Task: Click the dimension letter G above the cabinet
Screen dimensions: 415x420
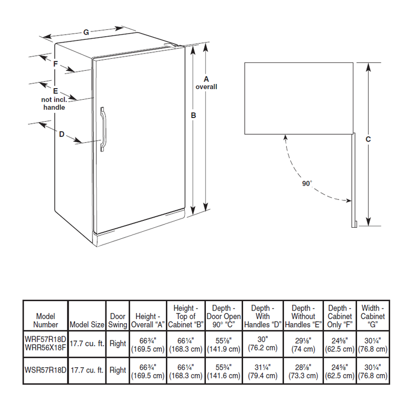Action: [x=86, y=33]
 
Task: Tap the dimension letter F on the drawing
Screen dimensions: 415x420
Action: [x=55, y=63]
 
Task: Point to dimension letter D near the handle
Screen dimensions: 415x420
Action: [x=61, y=134]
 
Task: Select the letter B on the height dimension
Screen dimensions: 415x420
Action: [x=194, y=115]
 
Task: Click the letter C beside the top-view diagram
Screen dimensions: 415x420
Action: [x=369, y=139]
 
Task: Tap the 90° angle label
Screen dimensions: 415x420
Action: [x=307, y=184]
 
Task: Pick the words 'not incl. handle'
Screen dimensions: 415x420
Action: [x=54, y=103]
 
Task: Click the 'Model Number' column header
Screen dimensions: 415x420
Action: [x=46, y=320]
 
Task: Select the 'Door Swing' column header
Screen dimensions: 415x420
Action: [x=118, y=320]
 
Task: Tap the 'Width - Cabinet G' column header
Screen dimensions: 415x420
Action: [x=372, y=316]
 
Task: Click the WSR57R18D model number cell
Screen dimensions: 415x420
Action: [x=46, y=370]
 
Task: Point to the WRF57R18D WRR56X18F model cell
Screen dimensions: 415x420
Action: [x=46, y=344]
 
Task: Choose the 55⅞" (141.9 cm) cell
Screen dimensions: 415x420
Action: [x=224, y=344]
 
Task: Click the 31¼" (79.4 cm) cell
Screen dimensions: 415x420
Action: [x=264, y=370]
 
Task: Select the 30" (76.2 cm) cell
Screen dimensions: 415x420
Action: [x=264, y=344]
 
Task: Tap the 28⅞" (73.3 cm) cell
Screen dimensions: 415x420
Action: [x=304, y=370]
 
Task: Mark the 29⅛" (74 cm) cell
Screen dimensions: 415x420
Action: [x=304, y=344]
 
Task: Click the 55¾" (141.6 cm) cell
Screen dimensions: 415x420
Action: [x=224, y=370]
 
